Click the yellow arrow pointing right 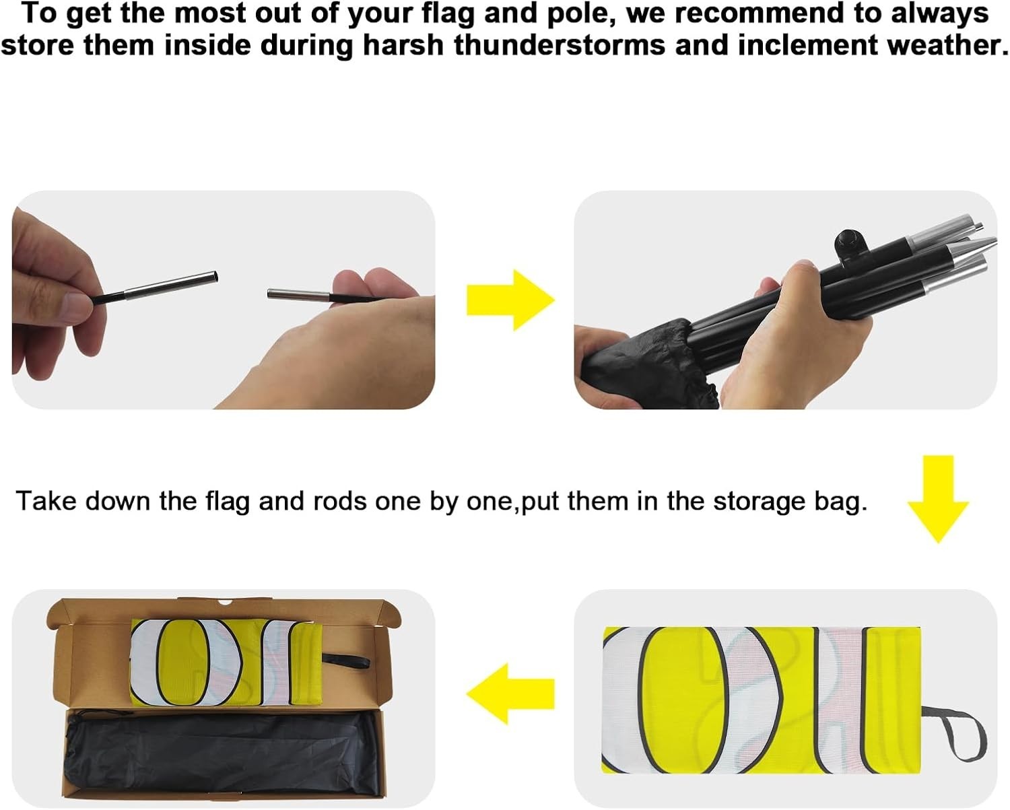[510, 300]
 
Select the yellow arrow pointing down [938, 499]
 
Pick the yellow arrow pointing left [510, 694]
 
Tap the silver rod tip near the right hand [299, 295]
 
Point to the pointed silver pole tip [972, 247]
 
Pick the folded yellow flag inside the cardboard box [226, 662]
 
